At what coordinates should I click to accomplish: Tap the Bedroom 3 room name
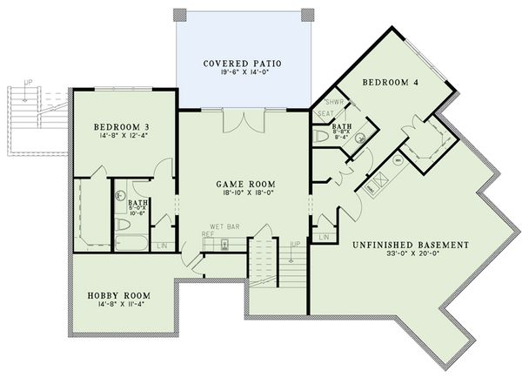[124, 127]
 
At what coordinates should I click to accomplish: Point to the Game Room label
[245, 185]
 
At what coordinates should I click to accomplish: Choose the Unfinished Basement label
[412, 245]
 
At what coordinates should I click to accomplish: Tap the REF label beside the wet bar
[208, 233]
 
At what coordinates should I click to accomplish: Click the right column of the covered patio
[306, 15]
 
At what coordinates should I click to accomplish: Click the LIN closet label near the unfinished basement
[324, 236]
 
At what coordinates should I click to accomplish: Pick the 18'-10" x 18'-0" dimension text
[245, 196]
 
